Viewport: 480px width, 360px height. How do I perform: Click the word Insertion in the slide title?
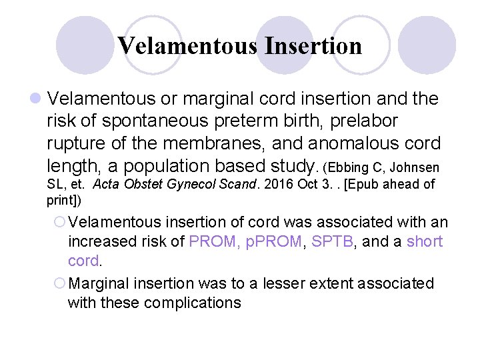313,46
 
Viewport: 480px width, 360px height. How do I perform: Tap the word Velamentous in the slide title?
187,46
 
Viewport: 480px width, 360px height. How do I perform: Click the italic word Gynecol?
169,184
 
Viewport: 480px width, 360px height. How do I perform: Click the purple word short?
425,241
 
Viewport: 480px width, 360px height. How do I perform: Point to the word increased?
107,241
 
